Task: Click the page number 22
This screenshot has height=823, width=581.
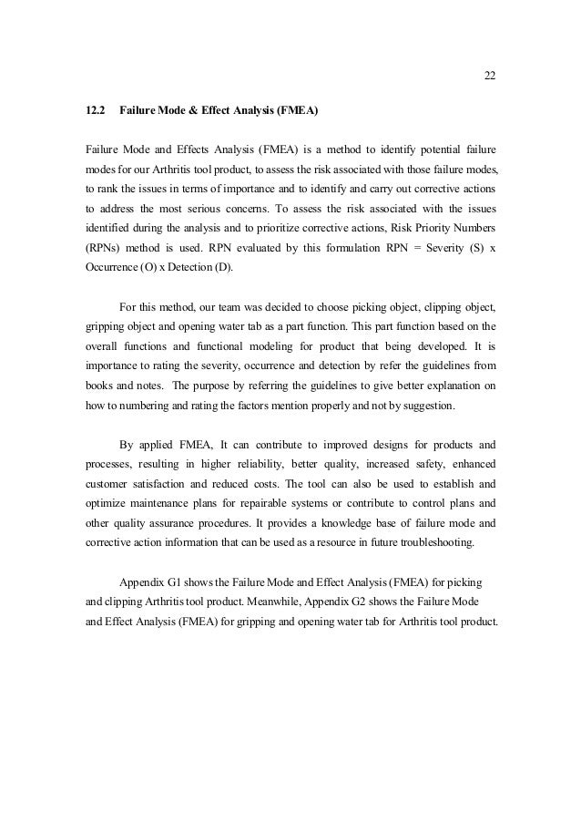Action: click(x=489, y=75)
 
